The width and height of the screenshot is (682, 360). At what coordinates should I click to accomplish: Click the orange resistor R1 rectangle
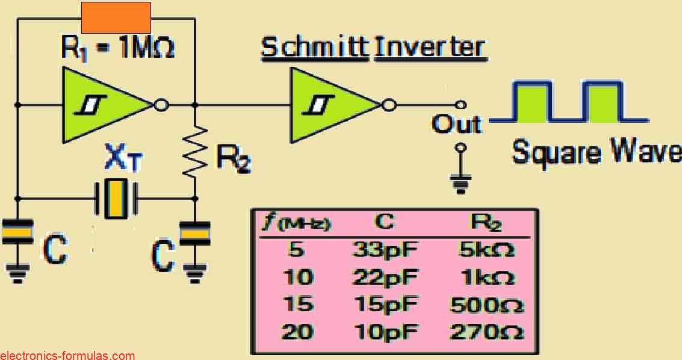116,17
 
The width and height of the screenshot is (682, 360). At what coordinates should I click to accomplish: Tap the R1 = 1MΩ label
118,48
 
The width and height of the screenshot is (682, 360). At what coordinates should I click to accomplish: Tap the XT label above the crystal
123,159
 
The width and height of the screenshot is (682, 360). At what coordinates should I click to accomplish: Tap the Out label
457,125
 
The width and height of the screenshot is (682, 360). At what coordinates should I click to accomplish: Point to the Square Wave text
596,153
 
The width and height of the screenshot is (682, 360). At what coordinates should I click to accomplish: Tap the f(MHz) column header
297,224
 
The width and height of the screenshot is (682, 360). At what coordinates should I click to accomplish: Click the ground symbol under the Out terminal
460,181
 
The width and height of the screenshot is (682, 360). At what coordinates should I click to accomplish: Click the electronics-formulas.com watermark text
67,355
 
